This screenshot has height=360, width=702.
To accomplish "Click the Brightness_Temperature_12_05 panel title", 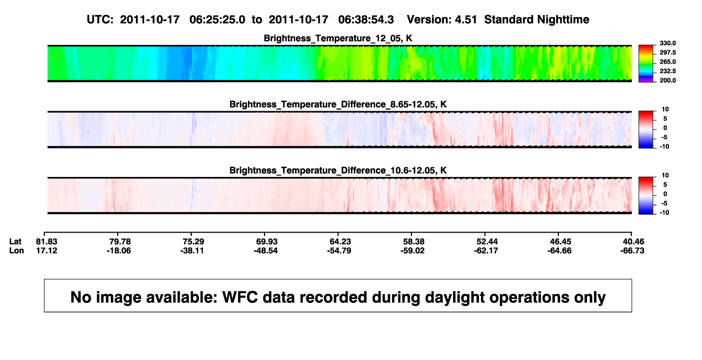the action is (338, 38).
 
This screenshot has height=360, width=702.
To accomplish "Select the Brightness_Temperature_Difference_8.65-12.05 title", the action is (338, 104).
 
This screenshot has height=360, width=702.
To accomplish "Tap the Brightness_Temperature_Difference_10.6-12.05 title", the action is (338, 171).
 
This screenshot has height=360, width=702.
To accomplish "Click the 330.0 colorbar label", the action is (667, 43).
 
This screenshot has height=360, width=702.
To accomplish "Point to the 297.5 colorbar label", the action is (667, 53).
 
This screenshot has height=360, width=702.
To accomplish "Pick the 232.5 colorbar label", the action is (667, 71).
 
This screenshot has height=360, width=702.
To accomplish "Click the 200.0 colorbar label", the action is (667, 80).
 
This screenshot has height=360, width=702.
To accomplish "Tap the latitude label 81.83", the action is (46, 242).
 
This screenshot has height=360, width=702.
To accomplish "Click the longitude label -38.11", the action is (192, 250).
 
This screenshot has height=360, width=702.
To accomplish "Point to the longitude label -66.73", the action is (632, 250).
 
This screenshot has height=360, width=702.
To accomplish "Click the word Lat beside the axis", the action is (15, 242).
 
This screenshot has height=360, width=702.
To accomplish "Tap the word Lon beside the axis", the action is (16, 250).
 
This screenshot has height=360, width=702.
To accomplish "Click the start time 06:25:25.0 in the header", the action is (217, 20).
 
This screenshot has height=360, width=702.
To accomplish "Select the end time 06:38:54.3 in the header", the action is (366, 20).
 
